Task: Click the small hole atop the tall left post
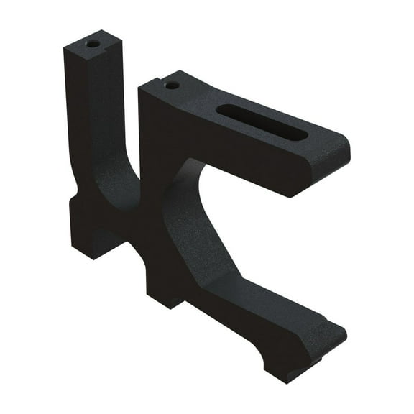(x=93, y=44)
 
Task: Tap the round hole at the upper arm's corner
(x=171, y=85)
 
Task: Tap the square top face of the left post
(x=94, y=45)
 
